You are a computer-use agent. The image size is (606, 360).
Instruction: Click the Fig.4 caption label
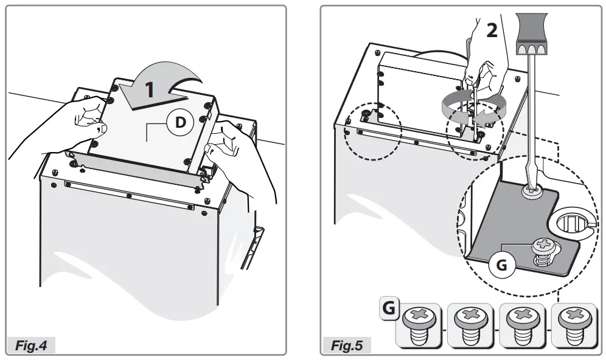pos(31,345)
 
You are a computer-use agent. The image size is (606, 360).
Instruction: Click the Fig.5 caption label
pos(347,345)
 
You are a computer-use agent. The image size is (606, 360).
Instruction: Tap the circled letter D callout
pos(180,122)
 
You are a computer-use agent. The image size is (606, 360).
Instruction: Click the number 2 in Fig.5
pos(492,30)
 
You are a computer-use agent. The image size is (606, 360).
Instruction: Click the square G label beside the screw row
pos(388,308)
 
